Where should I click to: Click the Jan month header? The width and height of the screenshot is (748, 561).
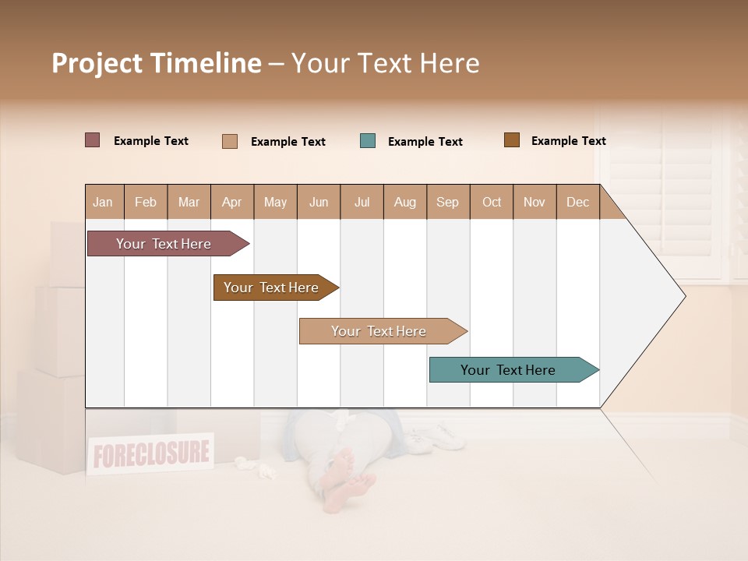pyautogui.click(x=104, y=202)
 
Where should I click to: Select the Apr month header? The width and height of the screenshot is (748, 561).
pyautogui.click(x=232, y=202)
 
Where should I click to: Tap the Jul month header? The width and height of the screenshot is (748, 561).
pyautogui.click(x=362, y=202)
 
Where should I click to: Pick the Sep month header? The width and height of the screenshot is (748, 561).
pyautogui.click(x=447, y=202)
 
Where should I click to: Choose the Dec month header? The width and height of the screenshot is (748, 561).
pyautogui.click(x=577, y=202)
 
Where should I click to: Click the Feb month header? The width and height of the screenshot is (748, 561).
pyautogui.click(x=146, y=202)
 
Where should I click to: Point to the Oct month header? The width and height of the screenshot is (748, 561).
pyautogui.click(x=492, y=202)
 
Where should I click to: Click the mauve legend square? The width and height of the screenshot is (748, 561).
pyautogui.click(x=93, y=140)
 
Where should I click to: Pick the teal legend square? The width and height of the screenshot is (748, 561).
pyautogui.click(x=368, y=141)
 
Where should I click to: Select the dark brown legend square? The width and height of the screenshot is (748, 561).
pyautogui.click(x=512, y=140)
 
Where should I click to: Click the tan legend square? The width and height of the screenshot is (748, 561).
pyautogui.click(x=230, y=141)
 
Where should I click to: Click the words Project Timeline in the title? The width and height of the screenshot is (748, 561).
pyautogui.click(x=156, y=63)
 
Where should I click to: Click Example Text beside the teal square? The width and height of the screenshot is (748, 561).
pyautogui.click(x=425, y=142)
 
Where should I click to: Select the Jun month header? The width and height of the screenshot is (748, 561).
pyautogui.click(x=319, y=202)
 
